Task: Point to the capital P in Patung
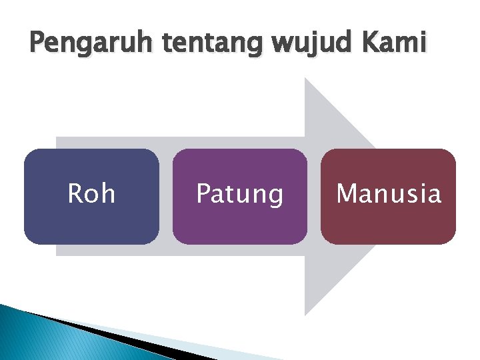203,194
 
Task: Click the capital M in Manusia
347,194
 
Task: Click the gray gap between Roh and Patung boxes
166,197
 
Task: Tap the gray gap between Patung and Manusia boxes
314,197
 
